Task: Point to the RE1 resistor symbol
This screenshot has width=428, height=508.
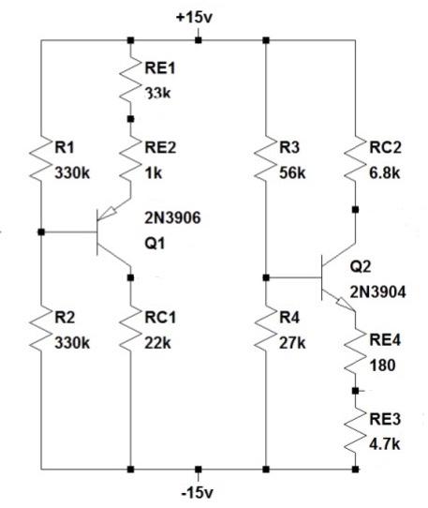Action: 130,80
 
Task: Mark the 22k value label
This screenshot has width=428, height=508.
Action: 155,341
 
